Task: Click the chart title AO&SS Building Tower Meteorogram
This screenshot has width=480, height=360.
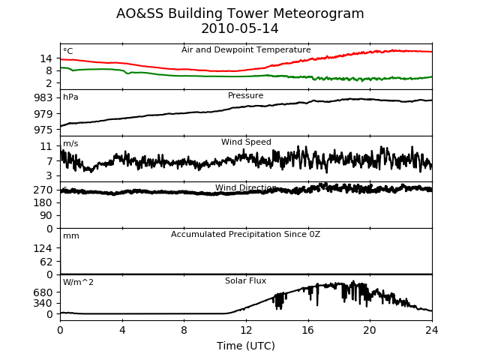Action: coord(240,13)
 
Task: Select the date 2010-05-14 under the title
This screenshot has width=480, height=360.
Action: coord(240,28)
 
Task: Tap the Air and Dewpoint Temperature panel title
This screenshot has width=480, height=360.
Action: coord(246,50)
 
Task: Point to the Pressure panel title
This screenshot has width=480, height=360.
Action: coord(245,95)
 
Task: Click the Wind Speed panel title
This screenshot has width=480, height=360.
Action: coord(246,142)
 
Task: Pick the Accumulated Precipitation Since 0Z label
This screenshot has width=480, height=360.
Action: coord(245,235)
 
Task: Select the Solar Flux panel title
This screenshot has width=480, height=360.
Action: coord(245,280)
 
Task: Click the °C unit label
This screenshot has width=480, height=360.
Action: coord(68,51)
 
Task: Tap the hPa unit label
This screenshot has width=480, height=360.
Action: coord(70,97)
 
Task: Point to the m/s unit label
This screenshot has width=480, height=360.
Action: coord(70,143)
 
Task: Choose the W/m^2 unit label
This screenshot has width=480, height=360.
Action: coord(78,282)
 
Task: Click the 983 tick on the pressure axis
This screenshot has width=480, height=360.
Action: coord(43,98)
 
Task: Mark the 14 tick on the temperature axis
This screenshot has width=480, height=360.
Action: coord(46,58)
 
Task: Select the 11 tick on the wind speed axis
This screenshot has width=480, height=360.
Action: coord(46,146)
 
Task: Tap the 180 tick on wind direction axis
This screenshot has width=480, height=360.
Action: coord(43,202)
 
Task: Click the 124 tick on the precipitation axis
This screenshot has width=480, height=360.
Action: coord(43,248)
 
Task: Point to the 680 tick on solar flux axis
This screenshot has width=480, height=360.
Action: coord(43,292)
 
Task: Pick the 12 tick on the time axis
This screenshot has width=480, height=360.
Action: coord(246,330)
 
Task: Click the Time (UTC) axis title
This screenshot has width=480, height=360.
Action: coord(246,346)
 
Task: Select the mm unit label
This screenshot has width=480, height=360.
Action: coord(71,236)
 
